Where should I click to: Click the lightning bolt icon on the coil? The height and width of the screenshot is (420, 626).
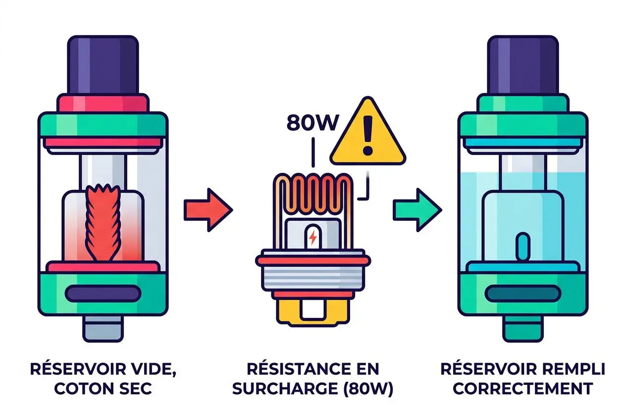click(x=313, y=238)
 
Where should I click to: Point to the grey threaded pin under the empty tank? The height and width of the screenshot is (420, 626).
click(x=103, y=329)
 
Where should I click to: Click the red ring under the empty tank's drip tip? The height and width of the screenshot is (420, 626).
click(x=103, y=104)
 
